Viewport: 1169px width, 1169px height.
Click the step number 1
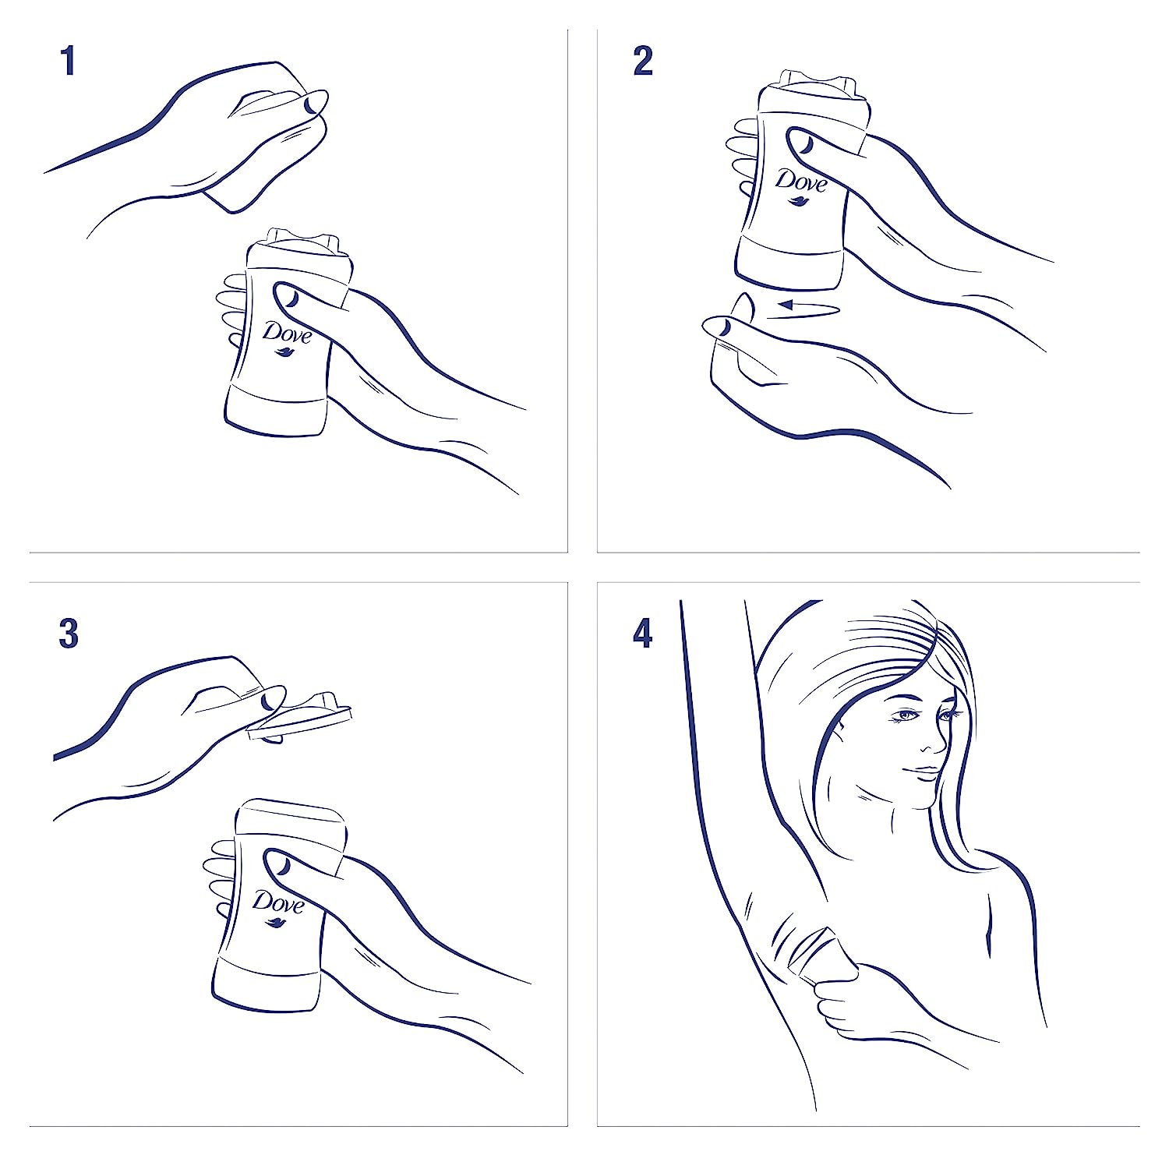[69, 62]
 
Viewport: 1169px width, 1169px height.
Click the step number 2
[643, 62]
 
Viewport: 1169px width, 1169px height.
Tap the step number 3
[69, 634]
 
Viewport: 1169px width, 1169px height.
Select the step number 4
[643, 634]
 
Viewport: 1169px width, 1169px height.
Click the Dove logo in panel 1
[286, 336]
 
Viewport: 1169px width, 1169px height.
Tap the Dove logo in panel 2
[800, 185]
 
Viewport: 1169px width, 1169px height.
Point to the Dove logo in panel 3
[277, 906]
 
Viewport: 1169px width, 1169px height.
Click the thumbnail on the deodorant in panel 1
[288, 296]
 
